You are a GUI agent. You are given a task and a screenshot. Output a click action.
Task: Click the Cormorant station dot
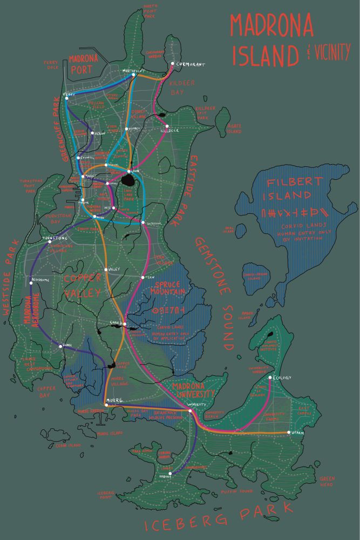coord(172,64)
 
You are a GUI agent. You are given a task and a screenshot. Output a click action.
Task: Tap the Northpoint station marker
coord(134,75)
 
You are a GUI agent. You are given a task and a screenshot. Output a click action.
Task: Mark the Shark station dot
coord(60,346)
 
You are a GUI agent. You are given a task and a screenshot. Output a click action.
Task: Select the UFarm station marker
coord(288,433)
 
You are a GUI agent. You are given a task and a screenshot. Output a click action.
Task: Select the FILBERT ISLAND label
coord(292,188)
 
